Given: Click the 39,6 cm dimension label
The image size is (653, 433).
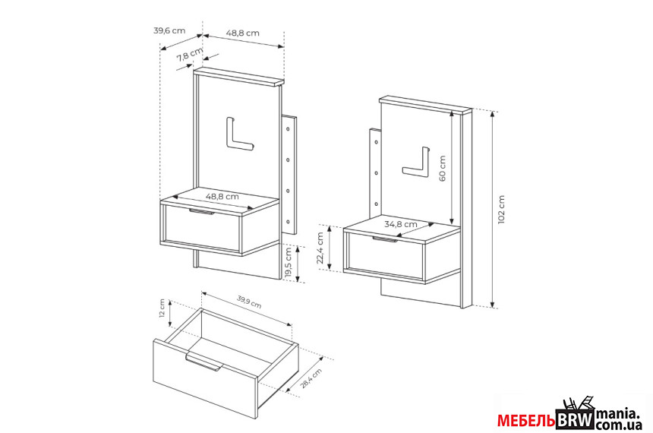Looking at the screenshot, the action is coord(169,30).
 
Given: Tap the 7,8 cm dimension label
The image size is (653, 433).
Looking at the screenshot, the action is coord(190,54).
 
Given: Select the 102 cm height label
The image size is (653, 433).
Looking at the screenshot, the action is coord(501,209).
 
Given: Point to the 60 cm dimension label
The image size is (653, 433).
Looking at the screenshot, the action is coord(442,169).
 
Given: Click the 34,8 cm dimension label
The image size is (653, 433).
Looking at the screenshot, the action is coord(400,224).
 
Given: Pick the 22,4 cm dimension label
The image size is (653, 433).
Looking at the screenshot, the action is coord(320,248).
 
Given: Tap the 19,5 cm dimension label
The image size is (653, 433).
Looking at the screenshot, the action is coord(289,263).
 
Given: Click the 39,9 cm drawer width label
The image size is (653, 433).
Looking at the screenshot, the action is coord(249,302).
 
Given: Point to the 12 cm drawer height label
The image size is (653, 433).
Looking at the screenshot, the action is coord(162,308).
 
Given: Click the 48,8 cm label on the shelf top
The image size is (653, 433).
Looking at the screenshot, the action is coord(222,196).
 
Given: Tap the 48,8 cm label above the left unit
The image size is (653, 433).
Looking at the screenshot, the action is coord(243,33).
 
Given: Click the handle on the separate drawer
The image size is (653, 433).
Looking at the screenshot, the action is coord(203,362).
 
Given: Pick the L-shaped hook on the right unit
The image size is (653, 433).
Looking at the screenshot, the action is coord(415,163).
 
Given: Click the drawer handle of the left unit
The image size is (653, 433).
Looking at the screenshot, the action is coord(201,212).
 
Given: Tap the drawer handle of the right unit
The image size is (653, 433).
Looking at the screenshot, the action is coord(385,239).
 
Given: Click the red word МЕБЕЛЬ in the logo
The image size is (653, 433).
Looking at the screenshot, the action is coord(526,421).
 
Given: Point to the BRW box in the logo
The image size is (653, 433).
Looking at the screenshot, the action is coord(575,420).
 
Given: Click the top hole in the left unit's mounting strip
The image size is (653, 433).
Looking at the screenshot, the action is coord(288,129).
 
